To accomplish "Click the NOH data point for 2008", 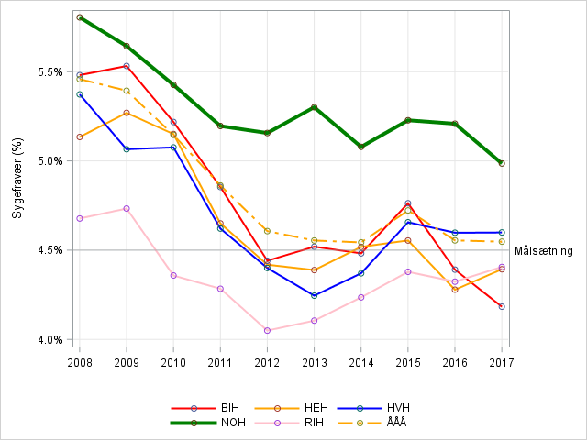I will (x=80, y=17).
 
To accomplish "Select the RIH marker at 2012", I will (x=267, y=330).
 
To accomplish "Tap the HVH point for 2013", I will (x=314, y=295).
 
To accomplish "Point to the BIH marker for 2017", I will (x=502, y=306).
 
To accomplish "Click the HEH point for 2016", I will (x=455, y=290).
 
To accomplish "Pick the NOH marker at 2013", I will (x=314, y=107).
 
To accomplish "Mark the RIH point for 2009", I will (x=127, y=208).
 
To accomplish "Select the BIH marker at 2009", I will (x=127, y=66).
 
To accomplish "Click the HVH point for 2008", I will (x=80, y=94).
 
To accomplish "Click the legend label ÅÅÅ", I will (x=395, y=423).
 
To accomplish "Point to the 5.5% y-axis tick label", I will (x=50, y=71).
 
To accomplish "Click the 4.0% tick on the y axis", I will (x=50, y=339).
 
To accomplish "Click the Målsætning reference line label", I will (x=544, y=251).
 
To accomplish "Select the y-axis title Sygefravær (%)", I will (x=17, y=178).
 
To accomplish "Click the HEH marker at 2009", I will (x=127, y=113).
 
